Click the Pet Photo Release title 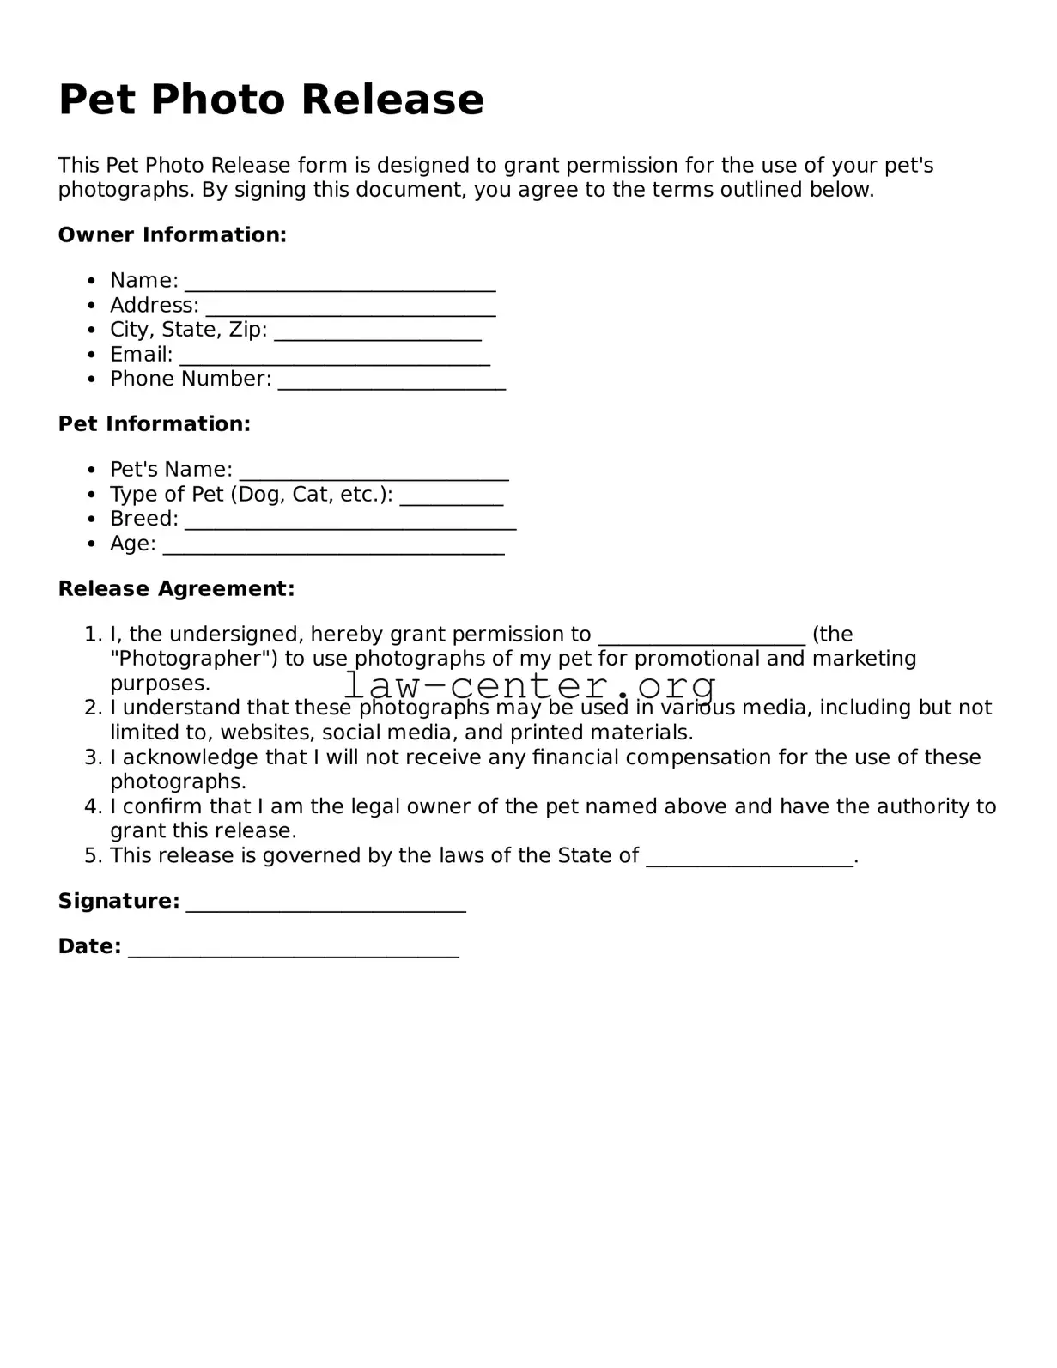(270, 100)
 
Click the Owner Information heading (172, 234)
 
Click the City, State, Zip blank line (378, 332)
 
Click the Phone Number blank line (392, 381)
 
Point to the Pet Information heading (155, 423)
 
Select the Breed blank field (350, 521)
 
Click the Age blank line (333, 546)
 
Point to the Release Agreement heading (176, 588)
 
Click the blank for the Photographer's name (702, 636)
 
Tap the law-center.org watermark (529, 685)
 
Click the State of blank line (750, 858)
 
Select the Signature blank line (325, 903)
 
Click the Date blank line (294, 949)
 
